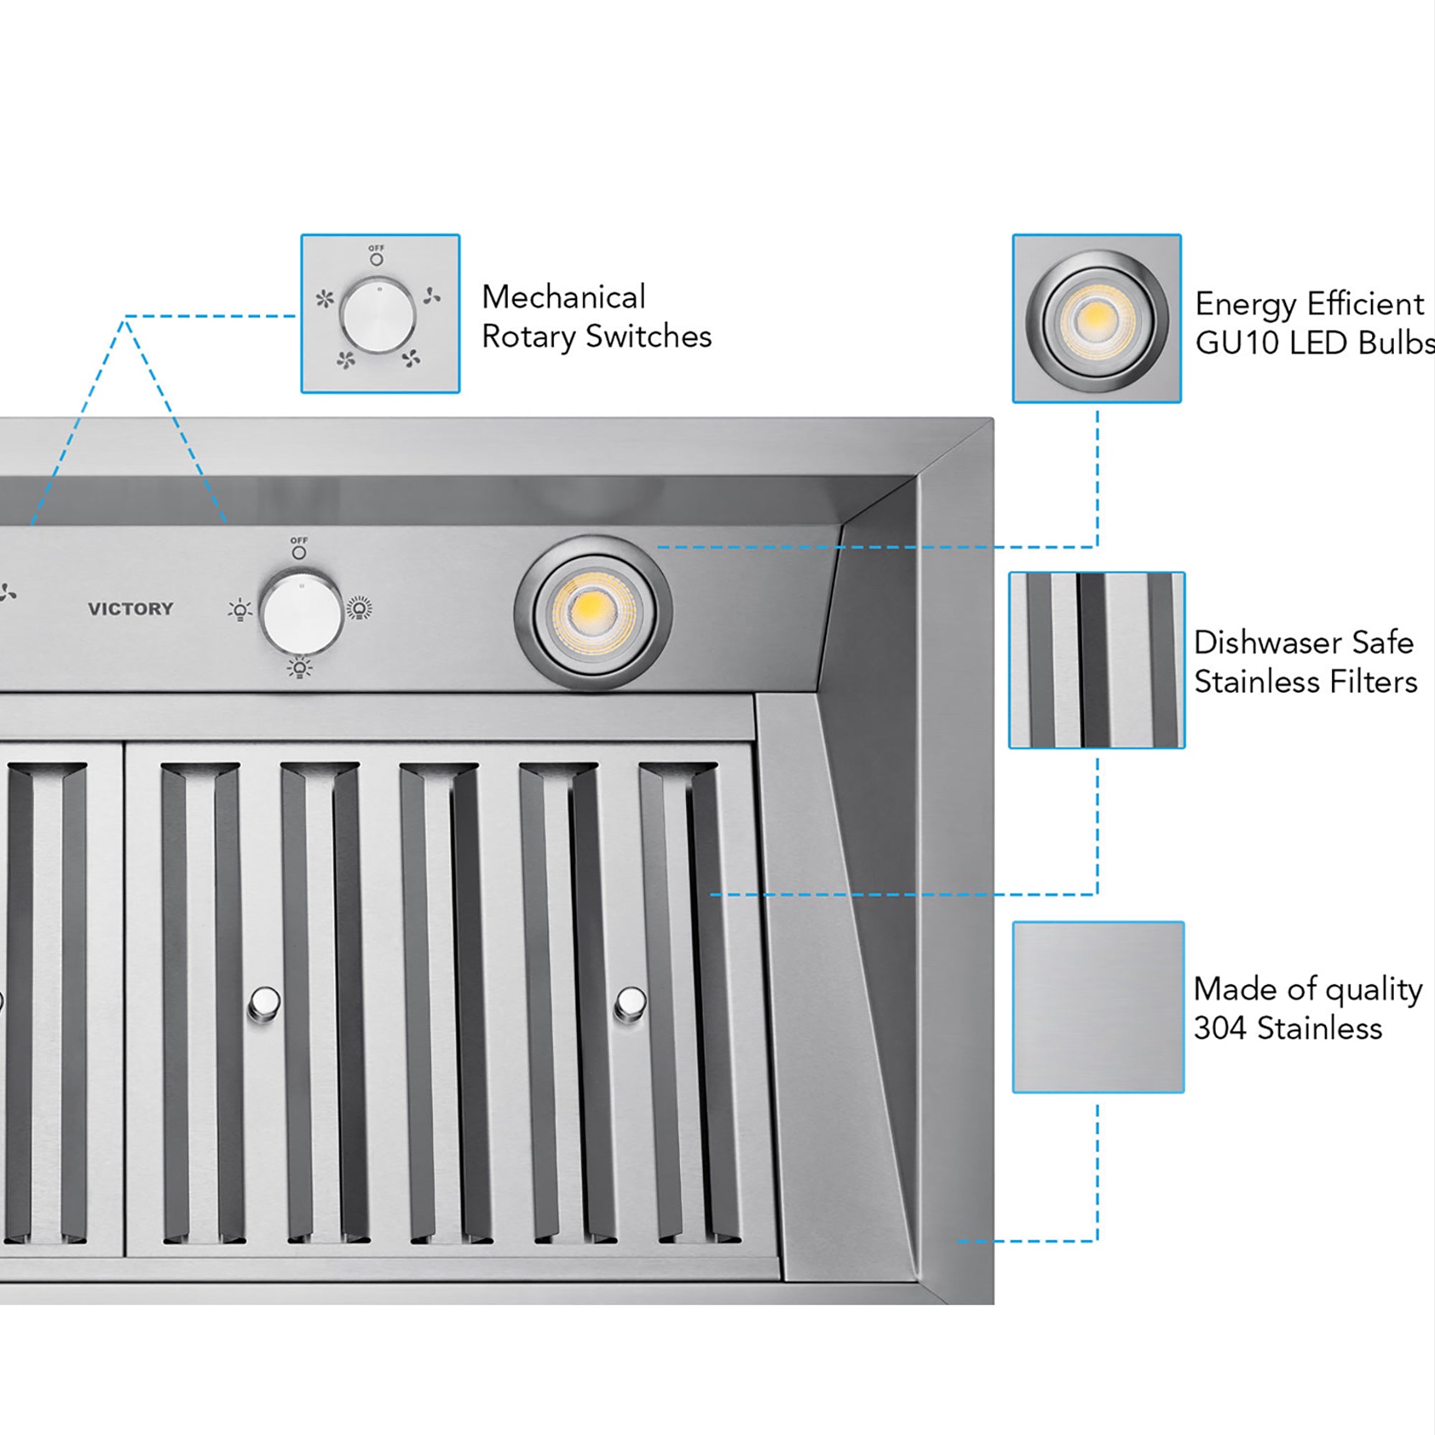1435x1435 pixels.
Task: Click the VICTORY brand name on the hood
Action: click(x=131, y=609)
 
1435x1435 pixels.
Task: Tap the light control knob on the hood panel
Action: click(x=301, y=613)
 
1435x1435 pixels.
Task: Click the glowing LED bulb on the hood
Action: click(x=594, y=612)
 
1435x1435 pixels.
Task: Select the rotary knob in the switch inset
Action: click(x=377, y=316)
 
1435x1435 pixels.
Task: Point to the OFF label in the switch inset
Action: click(x=377, y=248)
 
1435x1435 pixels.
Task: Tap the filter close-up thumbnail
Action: click(x=1096, y=659)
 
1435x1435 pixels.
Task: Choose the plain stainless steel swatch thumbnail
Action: click(x=1098, y=1007)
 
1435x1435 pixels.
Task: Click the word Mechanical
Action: click(x=564, y=297)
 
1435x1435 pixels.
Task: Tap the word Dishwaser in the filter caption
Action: click(x=1255, y=642)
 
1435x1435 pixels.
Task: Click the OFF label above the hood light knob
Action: click(x=298, y=541)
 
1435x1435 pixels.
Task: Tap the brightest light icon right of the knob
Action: click(x=360, y=608)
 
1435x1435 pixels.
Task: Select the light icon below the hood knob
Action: click(x=299, y=669)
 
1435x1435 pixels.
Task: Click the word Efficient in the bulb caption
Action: click(x=1365, y=304)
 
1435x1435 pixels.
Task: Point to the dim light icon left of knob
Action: click(x=240, y=611)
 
